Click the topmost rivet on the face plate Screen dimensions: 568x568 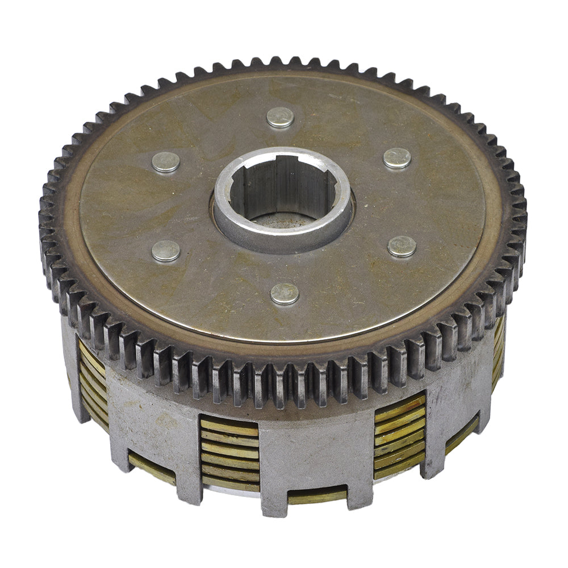pyautogui.click(x=280, y=117)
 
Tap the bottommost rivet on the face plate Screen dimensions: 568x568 pyautogui.click(x=285, y=293)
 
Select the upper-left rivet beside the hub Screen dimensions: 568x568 pyautogui.click(x=166, y=162)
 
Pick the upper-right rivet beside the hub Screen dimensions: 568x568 pyautogui.click(x=397, y=158)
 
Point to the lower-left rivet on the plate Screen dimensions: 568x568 pyautogui.click(x=166, y=250)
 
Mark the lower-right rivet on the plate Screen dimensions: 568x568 pyautogui.click(x=402, y=246)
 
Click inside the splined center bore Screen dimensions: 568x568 pyautogui.click(x=282, y=188)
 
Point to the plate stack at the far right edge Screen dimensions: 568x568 pyautogui.click(x=498, y=352)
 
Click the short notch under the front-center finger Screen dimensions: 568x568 pyautogui.click(x=316, y=496)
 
